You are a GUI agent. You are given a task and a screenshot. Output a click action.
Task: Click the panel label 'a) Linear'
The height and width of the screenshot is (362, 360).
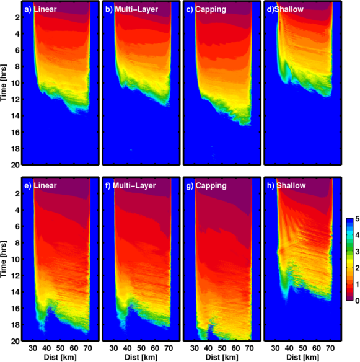[x=40, y=9]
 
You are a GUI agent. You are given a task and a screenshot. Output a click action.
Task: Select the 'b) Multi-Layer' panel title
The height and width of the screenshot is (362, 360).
[x=131, y=9]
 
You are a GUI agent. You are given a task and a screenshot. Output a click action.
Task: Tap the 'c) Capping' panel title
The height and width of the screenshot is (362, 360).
[x=206, y=9]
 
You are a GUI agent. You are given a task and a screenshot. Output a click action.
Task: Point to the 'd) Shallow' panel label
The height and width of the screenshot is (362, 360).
[x=285, y=9]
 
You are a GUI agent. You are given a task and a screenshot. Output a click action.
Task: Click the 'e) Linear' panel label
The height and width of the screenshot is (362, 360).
[x=40, y=185]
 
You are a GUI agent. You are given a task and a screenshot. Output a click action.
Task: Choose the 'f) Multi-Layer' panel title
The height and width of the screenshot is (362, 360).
[x=131, y=185]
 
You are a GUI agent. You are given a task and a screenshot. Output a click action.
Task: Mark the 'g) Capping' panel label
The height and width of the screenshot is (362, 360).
[x=206, y=185]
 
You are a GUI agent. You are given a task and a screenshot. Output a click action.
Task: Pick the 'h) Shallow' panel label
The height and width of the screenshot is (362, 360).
[x=286, y=185]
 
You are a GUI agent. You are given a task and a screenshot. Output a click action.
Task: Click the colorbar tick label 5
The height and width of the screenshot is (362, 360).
[x=357, y=219]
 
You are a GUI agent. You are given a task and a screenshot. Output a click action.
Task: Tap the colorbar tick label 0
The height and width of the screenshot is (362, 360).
[x=357, y=301]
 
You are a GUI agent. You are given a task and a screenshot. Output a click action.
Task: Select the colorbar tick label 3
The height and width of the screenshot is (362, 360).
[x=357, y=252]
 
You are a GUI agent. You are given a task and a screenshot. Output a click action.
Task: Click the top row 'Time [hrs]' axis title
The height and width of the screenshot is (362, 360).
[x=4, y=82]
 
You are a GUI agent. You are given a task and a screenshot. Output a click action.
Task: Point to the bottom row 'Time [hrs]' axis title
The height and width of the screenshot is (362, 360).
[x=4, y=259]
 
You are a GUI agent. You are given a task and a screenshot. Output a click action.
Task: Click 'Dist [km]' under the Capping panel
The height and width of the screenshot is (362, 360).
[x=222, y=357]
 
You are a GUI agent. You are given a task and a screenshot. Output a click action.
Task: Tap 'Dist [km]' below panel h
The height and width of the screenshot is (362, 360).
[x=303, y=357]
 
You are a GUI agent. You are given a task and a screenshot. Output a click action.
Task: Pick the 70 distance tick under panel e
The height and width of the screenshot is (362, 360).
[x=88, y=348]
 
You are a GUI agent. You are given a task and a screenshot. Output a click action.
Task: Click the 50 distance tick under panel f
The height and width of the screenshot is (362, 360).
[x=141, y=348]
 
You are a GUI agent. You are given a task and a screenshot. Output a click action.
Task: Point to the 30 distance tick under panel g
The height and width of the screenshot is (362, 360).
[x=195, y=348]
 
